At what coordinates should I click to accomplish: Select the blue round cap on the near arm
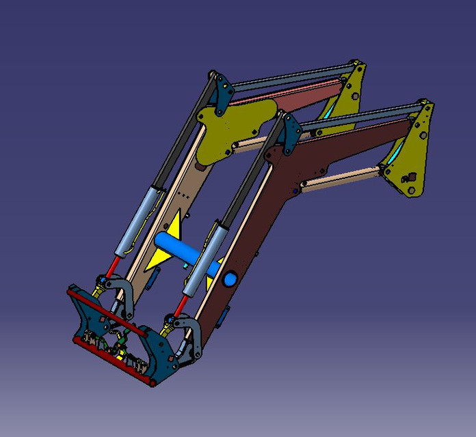[230, 279]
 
